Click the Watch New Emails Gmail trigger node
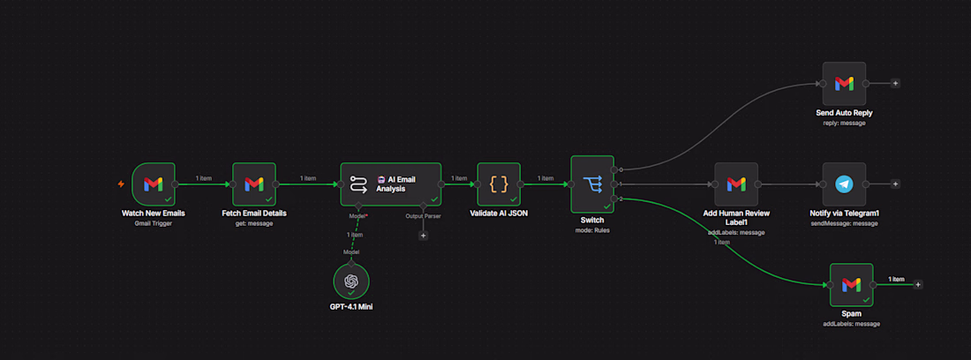154,184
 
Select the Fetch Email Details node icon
254,184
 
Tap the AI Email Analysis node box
391,184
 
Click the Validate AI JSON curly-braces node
499,184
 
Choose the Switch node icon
592,184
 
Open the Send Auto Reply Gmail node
844,84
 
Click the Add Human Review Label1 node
736,184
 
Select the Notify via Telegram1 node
844,184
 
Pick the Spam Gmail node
852,285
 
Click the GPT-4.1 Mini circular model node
351,281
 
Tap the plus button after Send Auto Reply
895,84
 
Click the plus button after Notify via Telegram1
895,184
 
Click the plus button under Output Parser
424,235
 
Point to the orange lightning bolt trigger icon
122,184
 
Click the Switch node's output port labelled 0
613,169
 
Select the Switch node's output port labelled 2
613,199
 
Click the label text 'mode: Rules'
592,229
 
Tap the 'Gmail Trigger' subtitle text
153,223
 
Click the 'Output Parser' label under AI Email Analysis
424,216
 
